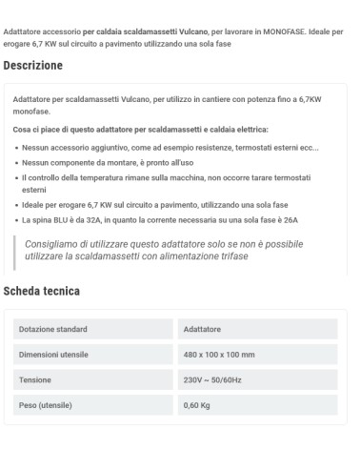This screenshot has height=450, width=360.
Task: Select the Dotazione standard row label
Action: (54, 330)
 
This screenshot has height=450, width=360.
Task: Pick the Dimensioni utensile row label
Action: (55, 355)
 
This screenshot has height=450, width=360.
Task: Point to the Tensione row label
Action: (36, 379)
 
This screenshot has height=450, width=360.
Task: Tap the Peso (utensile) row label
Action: (48, 404)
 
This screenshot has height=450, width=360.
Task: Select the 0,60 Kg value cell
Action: (198, 404)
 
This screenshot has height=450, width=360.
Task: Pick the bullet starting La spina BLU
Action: (162, 219)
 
